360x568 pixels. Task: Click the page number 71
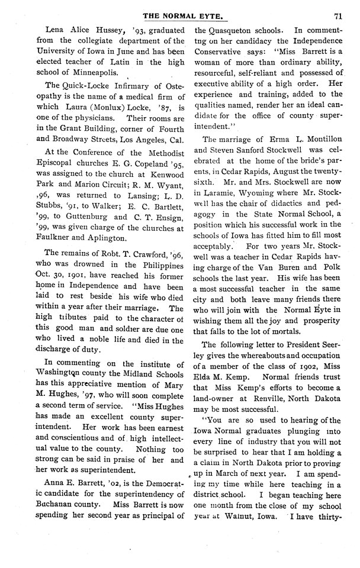point(337,16)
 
